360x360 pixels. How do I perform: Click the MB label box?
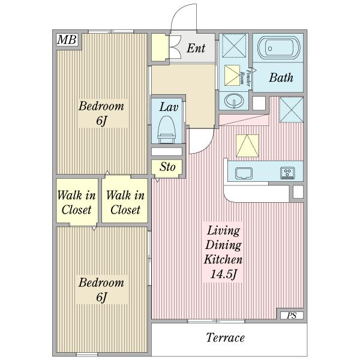[67, 40]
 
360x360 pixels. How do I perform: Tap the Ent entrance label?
[196, 48]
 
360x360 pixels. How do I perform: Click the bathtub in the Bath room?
[279, 48]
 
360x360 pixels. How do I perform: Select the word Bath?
[281, 77]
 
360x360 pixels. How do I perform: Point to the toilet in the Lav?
[167, 130]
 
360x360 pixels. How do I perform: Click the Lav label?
[169, 107]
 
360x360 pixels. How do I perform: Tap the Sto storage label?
[167, 167]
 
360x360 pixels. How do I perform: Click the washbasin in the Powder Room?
[234, 101]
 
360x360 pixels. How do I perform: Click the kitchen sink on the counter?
[244, 173]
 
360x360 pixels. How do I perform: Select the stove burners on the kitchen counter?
[287, 173]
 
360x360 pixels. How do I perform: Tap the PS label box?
[292, 316]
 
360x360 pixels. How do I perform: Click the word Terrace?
[225, 337]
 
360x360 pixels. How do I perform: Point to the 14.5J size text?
[223, 274]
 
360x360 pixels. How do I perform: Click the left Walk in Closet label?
[76, 203]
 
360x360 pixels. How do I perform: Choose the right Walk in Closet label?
[125, 203]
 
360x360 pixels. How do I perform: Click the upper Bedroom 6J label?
[101, 113]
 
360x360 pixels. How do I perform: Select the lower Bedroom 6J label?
[101, 290]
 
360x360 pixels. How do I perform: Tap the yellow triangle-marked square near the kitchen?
[247, 146]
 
